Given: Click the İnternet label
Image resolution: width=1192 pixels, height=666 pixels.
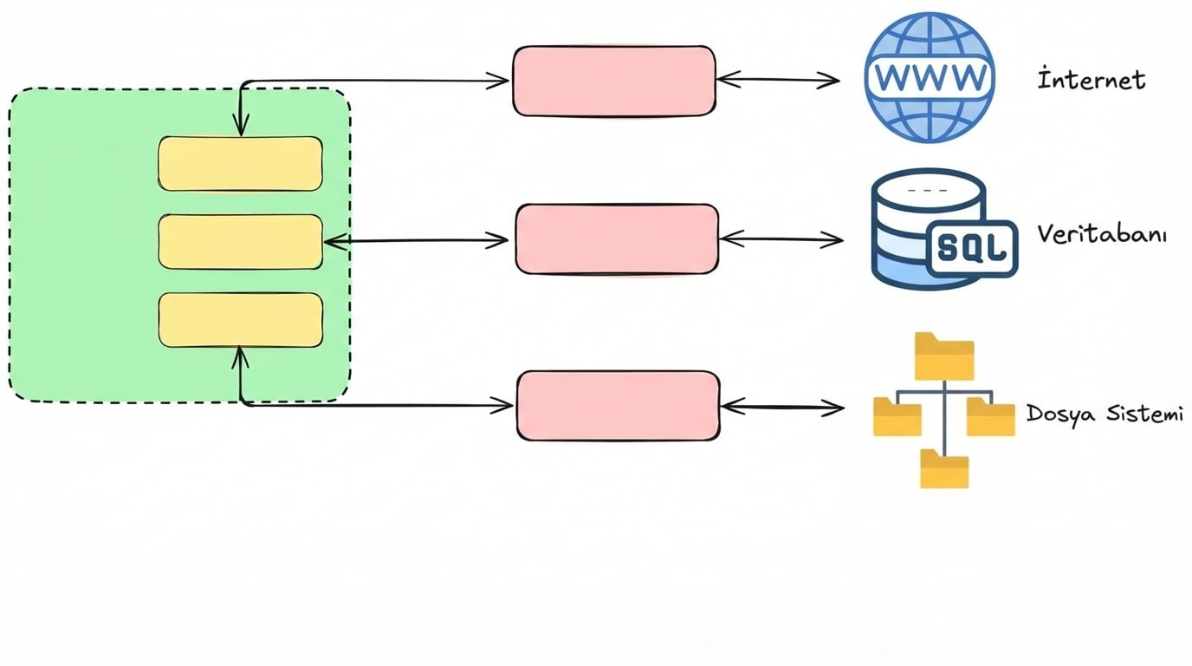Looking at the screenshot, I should click(1092, 80).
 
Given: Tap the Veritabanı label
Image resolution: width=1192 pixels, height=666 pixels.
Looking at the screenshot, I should click(1101, 234).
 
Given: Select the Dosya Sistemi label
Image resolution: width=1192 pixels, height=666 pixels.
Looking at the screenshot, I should click(1104, 414).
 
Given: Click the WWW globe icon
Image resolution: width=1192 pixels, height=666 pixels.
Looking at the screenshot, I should click(930, 78).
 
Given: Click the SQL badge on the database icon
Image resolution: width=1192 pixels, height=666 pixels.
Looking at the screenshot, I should click(973, 249).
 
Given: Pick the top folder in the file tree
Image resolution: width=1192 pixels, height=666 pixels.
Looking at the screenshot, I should click(944, 356).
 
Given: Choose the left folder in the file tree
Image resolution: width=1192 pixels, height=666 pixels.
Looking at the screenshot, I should click(897, 416).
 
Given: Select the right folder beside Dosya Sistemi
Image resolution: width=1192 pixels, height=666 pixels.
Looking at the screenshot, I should click(990, 416).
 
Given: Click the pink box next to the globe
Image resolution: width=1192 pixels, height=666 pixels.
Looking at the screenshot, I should click(614, 81).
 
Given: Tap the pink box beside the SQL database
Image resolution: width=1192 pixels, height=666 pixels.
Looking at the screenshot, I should click(617, 239).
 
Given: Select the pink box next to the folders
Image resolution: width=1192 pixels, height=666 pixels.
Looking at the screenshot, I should click(618, 405).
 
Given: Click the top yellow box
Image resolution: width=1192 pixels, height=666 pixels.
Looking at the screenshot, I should click(240, 163).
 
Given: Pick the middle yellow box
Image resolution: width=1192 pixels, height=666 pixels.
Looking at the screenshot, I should click(240, 241).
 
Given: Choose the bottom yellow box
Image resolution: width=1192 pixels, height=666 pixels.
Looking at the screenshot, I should click(240, 320).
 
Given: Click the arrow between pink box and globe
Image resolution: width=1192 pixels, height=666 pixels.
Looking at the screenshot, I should click(778, 81).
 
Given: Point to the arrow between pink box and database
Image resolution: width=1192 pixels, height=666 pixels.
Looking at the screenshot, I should click(781, 239).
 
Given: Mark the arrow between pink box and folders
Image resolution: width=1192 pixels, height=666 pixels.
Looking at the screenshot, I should click(781, 406).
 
